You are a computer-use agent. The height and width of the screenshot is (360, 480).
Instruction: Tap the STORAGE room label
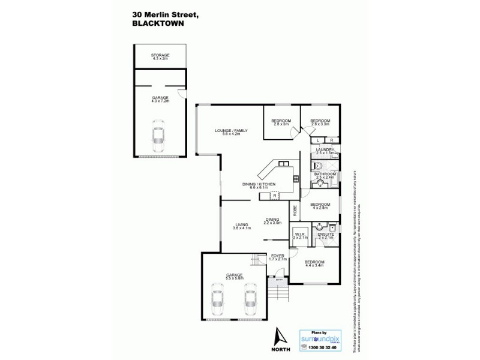160,56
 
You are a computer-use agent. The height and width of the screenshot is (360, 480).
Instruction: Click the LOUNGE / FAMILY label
232,131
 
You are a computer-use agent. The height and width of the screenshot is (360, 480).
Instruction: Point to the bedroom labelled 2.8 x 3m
281,122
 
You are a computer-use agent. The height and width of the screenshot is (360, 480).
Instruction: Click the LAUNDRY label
325,151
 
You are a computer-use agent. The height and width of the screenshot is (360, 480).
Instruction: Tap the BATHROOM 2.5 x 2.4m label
325,175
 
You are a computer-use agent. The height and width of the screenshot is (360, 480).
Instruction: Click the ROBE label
295,211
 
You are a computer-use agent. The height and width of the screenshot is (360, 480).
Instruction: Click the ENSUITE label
325,236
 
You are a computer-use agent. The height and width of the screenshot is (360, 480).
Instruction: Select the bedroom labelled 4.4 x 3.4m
314,263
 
